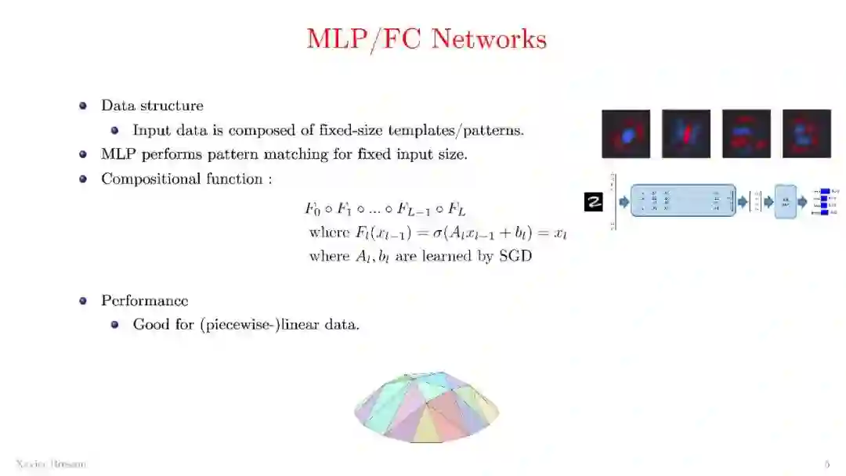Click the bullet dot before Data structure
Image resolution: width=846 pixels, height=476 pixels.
coord(83,106)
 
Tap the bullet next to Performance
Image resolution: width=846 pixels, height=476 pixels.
coord(83,301)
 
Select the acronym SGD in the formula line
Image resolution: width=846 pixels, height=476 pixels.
coord(515,256)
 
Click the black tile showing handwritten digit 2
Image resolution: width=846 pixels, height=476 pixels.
coord(594,202)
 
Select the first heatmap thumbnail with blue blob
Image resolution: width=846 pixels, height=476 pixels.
coord(626,134)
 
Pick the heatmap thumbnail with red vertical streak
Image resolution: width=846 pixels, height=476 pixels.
coord(686,134)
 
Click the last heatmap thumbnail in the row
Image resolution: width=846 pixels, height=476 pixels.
coord(807,134)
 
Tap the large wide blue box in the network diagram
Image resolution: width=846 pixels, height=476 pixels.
coord(683,201)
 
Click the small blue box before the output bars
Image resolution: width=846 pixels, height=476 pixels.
coord(785,201)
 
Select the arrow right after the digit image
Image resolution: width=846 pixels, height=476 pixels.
coord(624,202)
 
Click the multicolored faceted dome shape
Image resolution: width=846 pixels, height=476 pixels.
coord(427,407)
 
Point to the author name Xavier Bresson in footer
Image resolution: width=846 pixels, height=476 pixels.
coord(51,464)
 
